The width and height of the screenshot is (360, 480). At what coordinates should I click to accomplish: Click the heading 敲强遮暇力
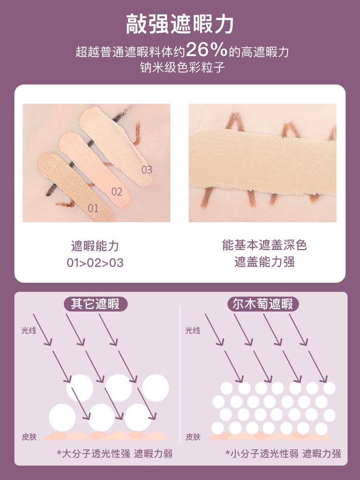click(x=180, y=24)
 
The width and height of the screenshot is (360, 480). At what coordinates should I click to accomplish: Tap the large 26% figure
click(x=206, y=50)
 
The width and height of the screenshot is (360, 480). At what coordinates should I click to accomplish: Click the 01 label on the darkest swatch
click(x=93, y=208)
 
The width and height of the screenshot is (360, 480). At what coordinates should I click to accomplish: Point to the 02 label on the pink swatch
click(x=117, y=192)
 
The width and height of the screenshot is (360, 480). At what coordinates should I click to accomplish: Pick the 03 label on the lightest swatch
click(x=146, y=169)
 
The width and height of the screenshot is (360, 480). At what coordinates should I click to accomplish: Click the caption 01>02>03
click(x=95, y=263)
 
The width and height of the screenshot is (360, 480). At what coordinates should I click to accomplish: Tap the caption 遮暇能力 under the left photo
click(x=95, y=246)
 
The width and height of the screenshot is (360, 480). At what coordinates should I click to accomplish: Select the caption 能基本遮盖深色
click(x=264, y=245)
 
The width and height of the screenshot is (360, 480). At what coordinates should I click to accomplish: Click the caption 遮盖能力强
click(x=264, y=262)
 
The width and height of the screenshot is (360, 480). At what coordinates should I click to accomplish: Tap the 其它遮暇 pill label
click(x=95, y=304)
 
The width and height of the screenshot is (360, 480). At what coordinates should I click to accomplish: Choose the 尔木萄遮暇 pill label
click(x=263, y=304)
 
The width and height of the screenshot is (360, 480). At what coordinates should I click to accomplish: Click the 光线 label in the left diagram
click(x=29, y=330)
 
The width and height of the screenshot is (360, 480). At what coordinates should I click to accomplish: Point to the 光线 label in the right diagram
click(x=192, y=330)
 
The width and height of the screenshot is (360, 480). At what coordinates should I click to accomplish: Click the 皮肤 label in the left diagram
click(x=29, y=437)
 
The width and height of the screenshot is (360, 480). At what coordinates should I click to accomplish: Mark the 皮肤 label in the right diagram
click(x=193, y=437)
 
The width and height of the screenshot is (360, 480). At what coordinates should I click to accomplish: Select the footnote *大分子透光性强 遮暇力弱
click(x=115, y=454)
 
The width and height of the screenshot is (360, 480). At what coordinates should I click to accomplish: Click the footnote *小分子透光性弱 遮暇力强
click(x=283, y=454)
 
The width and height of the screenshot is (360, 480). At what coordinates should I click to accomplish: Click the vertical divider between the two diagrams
click(x=180, y=374)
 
